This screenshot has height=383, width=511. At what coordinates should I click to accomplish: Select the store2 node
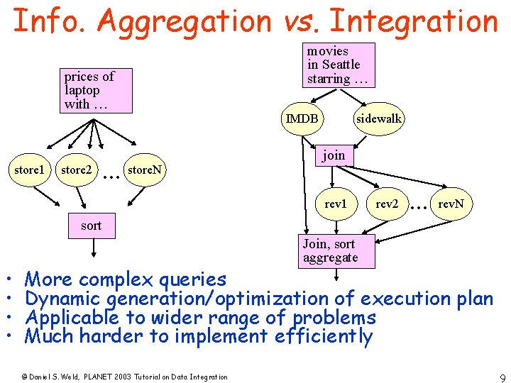tap(76, 170)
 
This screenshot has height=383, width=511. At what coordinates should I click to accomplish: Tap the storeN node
tap(144, 170)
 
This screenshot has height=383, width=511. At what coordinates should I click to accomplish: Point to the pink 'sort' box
tap(91, 226)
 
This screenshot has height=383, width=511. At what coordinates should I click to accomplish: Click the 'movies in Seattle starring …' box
tap(338, 65)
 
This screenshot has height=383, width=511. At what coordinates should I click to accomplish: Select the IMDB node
tap(302, 118)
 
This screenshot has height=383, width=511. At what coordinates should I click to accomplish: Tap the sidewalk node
tap(379, 118)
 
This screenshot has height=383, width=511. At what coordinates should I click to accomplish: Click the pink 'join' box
tap(334, 155)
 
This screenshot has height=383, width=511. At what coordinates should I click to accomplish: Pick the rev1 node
tap(335, 204)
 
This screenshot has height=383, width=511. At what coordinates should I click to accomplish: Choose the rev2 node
tap(387, 204)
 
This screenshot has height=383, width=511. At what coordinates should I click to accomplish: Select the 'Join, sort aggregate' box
tap(335, 251)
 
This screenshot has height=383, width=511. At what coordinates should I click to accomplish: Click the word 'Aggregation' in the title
tap(185, 21)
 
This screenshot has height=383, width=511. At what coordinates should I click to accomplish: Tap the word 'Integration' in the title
tap(414, 21)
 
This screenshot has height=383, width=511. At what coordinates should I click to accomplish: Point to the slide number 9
tap(502, 377)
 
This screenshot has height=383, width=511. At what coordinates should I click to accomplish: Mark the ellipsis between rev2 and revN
tap(419, 206)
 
